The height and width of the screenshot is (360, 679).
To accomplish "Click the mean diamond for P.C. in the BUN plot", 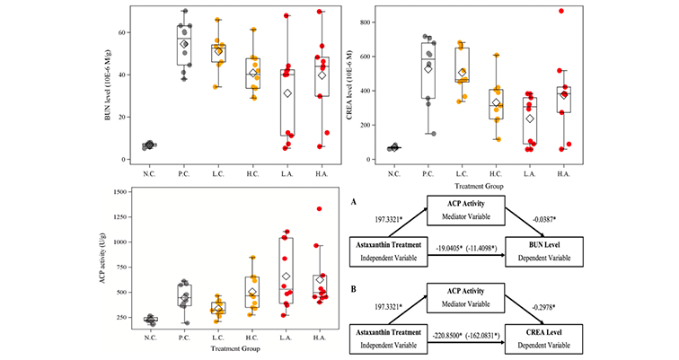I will point(185,44).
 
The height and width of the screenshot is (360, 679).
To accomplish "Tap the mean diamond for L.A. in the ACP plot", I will point(287,277).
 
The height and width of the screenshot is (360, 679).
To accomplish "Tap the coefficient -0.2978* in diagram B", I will point(525,309).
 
